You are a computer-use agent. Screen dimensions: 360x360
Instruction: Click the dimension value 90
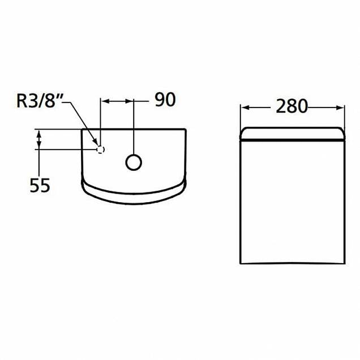165,100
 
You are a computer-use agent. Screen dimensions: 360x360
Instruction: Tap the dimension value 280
292,106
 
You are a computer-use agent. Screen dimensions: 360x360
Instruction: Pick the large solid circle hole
133,162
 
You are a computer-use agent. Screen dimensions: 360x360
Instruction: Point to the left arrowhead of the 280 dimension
244,106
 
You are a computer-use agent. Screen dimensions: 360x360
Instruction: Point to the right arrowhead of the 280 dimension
341,106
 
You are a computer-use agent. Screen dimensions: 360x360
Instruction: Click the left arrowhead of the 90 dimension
104,101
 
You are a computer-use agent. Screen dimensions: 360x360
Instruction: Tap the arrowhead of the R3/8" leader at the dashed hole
97,145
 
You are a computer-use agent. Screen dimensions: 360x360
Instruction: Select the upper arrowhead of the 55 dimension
38,133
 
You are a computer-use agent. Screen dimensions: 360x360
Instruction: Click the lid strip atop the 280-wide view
293,133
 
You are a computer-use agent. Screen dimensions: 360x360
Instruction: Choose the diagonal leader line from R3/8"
82,123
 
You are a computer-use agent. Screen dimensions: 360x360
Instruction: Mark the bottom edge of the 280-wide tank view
293,263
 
